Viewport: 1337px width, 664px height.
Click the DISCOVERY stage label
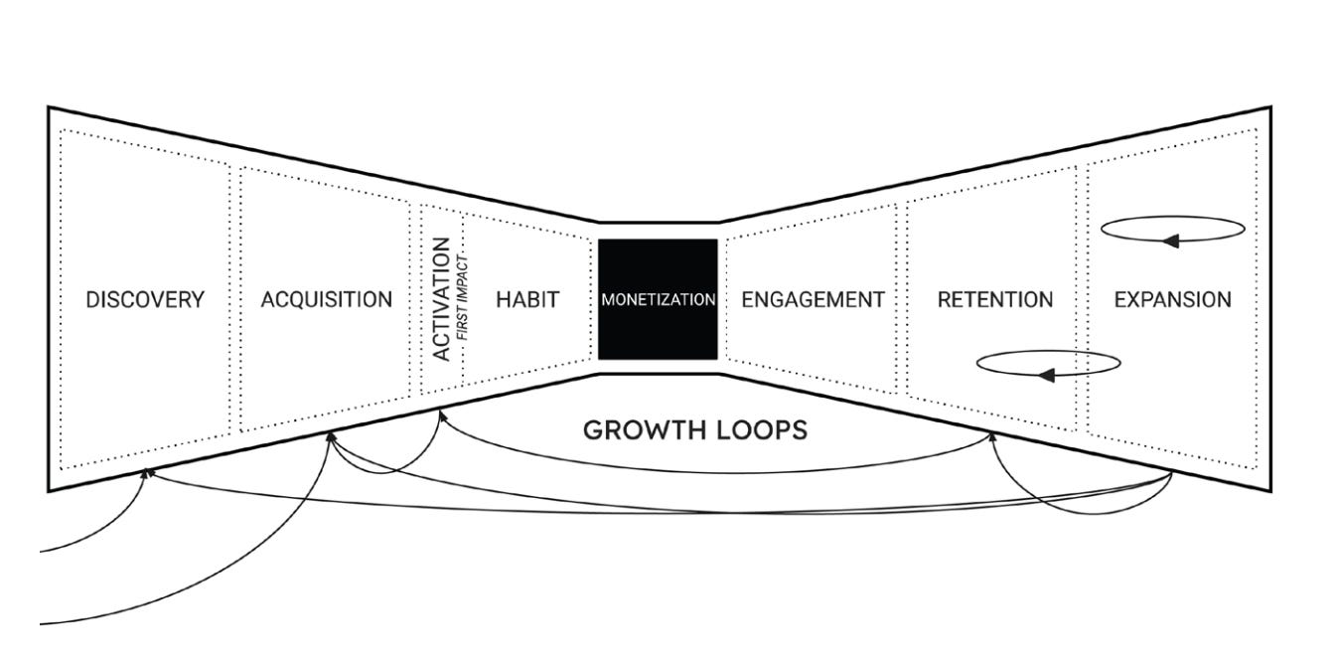(145, 299)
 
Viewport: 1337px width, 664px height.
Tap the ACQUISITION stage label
(326, 299)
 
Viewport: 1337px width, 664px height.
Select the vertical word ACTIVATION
(442, 298)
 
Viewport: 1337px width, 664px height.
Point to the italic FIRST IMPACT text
(462, 298)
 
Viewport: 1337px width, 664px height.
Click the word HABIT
(527, 299)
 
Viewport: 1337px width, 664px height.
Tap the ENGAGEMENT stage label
(813, 299)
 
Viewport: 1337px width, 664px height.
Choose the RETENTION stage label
(994, 299)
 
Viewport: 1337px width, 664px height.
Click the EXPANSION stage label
(1172, 299)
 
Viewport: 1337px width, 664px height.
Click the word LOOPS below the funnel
(760, 430)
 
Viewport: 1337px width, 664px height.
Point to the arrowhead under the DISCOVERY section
(146, 473)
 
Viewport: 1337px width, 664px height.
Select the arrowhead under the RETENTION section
(991, 436)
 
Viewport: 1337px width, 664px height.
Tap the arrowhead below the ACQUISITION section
(331, 436)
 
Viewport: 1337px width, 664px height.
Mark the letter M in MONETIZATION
(607, 299)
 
